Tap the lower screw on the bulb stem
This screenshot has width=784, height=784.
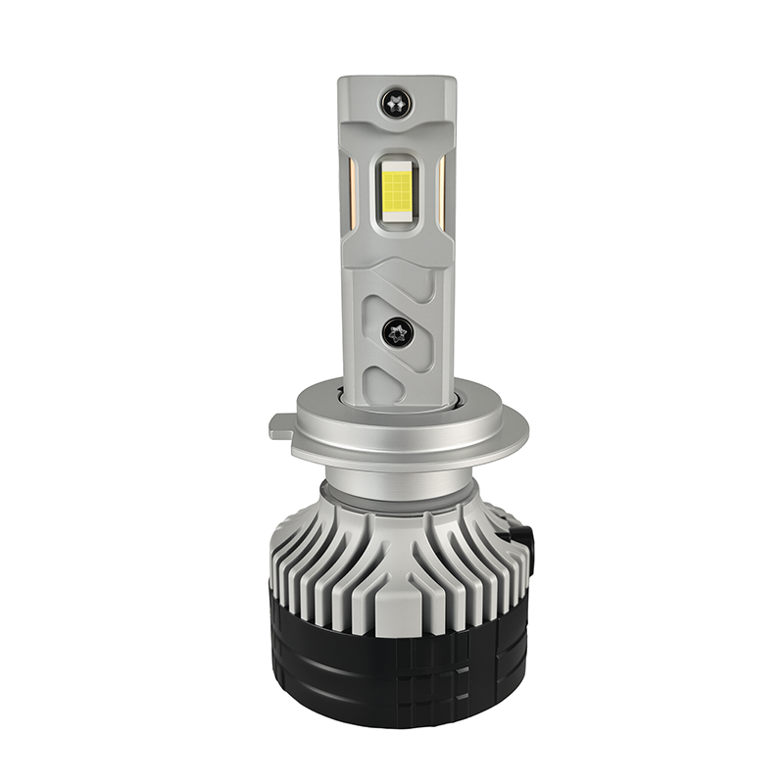pyautogui.click(x=399, y=332)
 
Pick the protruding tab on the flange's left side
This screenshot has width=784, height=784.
pyautogui.click(x=279, y=429)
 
